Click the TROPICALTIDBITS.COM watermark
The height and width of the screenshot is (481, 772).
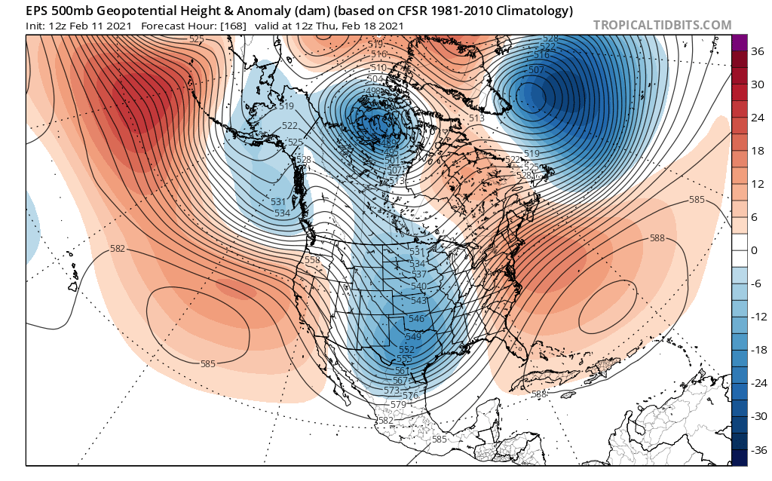[662, 25]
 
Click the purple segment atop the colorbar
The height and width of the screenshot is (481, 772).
[739, 42]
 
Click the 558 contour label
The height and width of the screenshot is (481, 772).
[312, 260]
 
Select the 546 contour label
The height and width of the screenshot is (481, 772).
[415, 319]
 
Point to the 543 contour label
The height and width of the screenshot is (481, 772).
[419, 301]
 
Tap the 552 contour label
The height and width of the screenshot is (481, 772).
[406, 350]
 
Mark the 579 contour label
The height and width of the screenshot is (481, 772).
[398, 405]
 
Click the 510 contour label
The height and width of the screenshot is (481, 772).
[378, 68]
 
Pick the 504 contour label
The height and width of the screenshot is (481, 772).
[375, 79]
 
